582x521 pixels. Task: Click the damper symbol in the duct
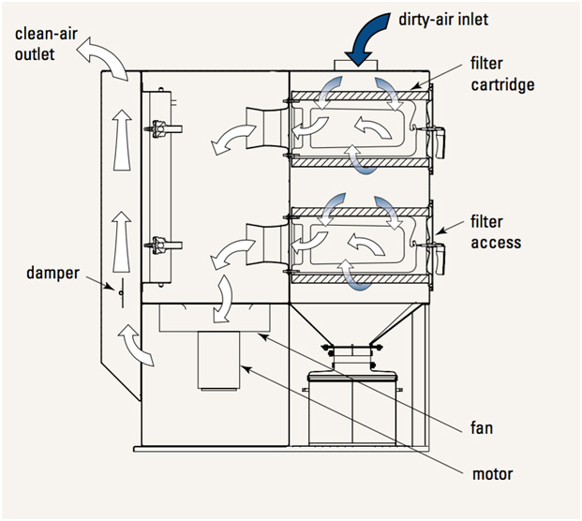point(122,291)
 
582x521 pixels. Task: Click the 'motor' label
point(492,474)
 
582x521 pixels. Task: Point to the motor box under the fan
point(220,361)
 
